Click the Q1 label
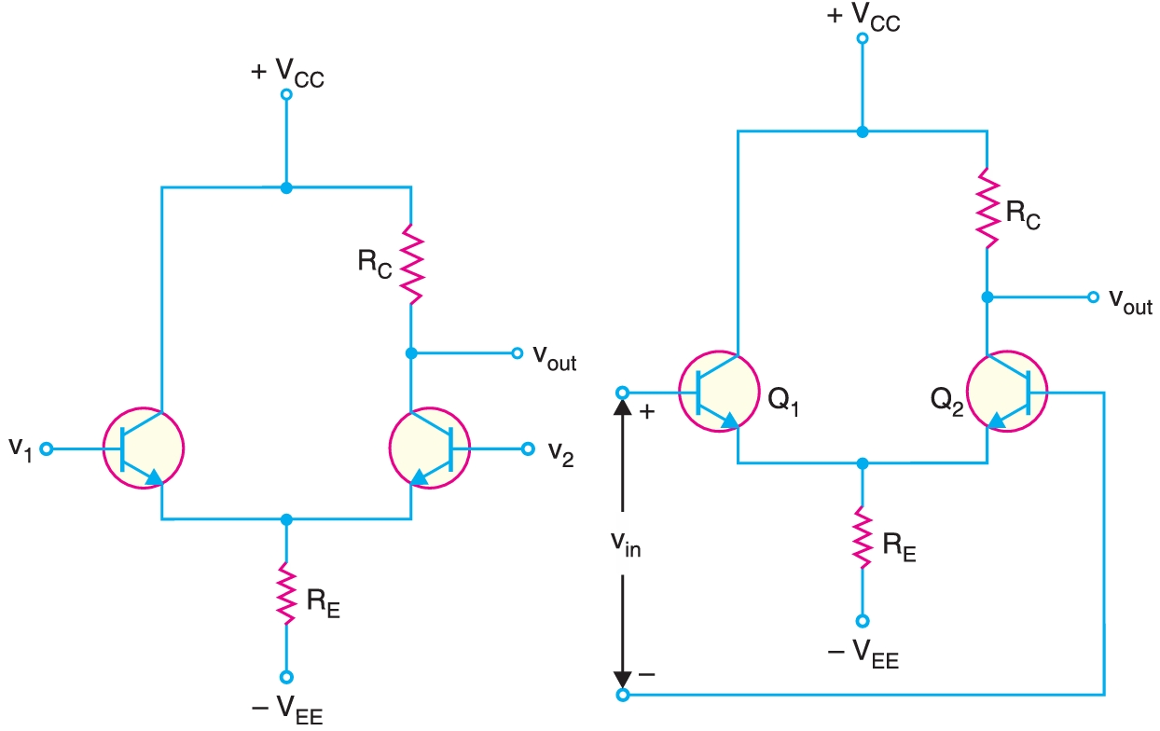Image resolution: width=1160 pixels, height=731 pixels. pos(784,404)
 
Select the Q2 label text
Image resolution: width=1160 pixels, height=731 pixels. pos(946,403)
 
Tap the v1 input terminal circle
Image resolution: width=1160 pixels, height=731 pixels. pos(47,448)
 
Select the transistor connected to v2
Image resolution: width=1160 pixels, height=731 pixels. pos(429,448)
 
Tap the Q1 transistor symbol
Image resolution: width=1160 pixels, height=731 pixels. pos(718,393)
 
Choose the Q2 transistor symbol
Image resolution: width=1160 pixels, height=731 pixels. pos(1007,393)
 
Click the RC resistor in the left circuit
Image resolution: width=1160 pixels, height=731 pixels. pos(411,264)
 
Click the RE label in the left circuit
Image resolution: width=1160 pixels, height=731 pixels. pos(323,600)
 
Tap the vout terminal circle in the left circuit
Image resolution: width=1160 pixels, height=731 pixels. pos(517,353)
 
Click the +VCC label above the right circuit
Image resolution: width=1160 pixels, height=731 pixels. pos(863,18)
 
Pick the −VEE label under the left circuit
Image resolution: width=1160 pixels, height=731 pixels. pos(287,710)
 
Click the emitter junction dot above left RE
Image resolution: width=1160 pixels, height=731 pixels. pos(286,518)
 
